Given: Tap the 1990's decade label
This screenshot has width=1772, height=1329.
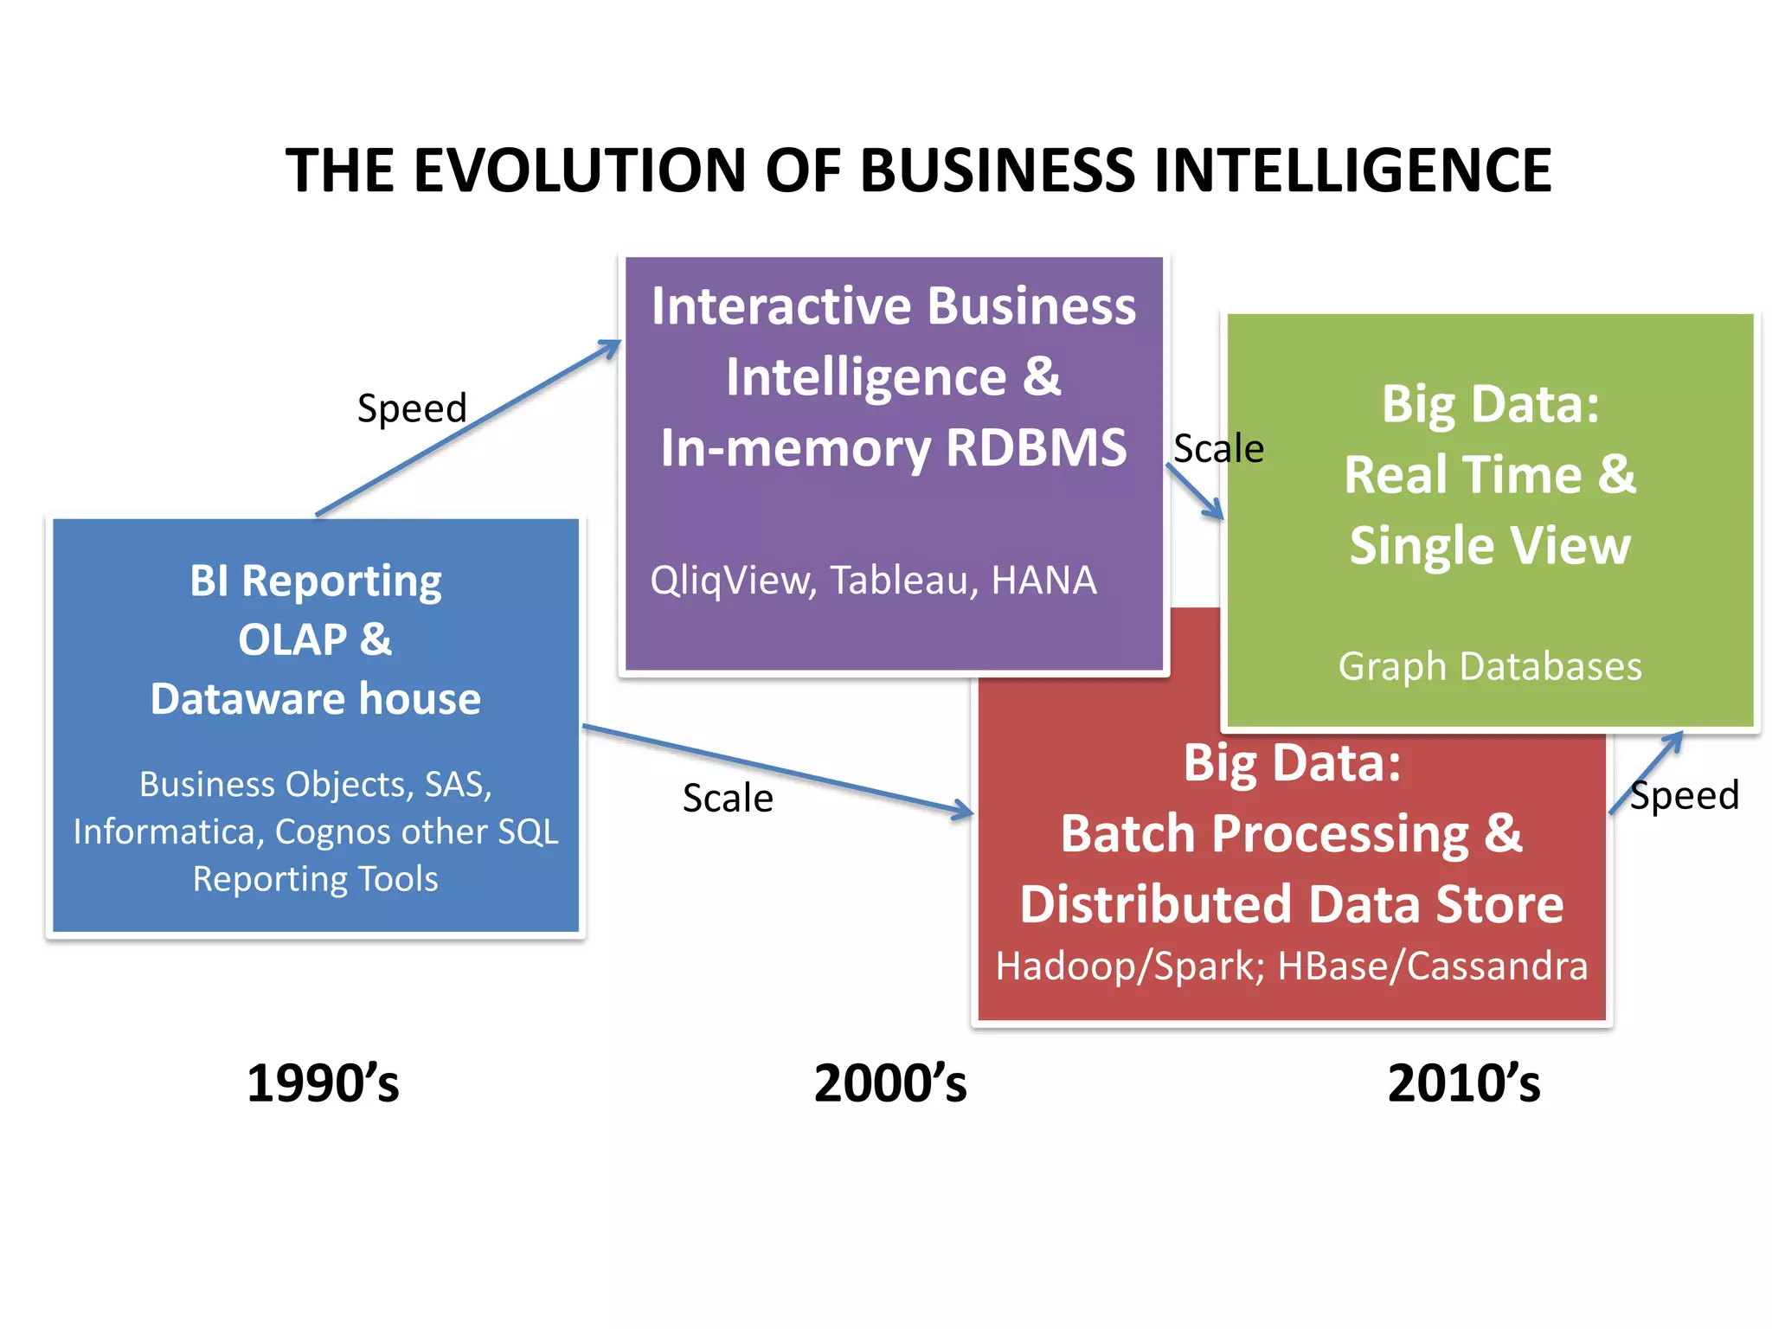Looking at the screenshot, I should (x=323, y=1083).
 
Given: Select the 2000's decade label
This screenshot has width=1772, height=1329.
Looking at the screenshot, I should (x=890, y=1083).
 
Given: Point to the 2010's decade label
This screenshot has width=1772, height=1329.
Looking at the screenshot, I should (x=1464, y=1083).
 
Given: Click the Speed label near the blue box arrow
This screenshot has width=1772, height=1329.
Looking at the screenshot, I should (x=412, y=408).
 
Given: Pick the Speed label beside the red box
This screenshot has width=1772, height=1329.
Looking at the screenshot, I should (x=1684, y=795).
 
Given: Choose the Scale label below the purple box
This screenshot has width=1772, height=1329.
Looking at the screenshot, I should (x=728, y=798).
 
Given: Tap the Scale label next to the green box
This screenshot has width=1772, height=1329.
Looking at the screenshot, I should (x=1218, y=449).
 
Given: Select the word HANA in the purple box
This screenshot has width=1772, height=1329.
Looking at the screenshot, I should (x=1043, y=581).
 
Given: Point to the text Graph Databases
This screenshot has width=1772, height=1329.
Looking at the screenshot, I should (x=1490, y=666).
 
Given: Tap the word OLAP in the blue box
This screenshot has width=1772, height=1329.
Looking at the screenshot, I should (x=292, y=640).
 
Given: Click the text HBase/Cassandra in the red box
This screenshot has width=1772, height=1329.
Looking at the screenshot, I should (x=1433, y=966).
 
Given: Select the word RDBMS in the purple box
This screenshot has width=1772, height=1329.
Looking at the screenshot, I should (x=1037, y=447).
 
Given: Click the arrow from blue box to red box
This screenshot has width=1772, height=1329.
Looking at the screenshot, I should (x=779, y=769).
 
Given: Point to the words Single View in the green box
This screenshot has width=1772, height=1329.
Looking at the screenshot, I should (x=1490, y=545).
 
